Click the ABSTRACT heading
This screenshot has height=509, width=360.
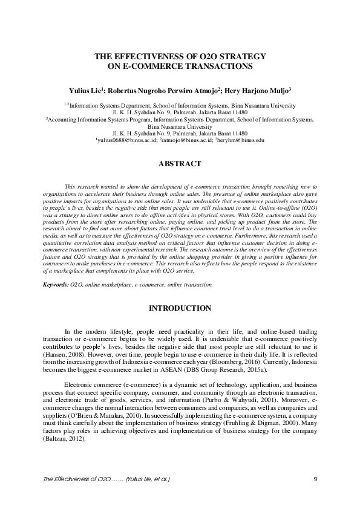click(x=180, y=164)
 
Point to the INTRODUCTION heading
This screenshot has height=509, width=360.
click(x=180, y=308)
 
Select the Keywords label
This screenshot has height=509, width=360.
click(x=56, y=284)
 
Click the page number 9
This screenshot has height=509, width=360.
click(x=316, y=479)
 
